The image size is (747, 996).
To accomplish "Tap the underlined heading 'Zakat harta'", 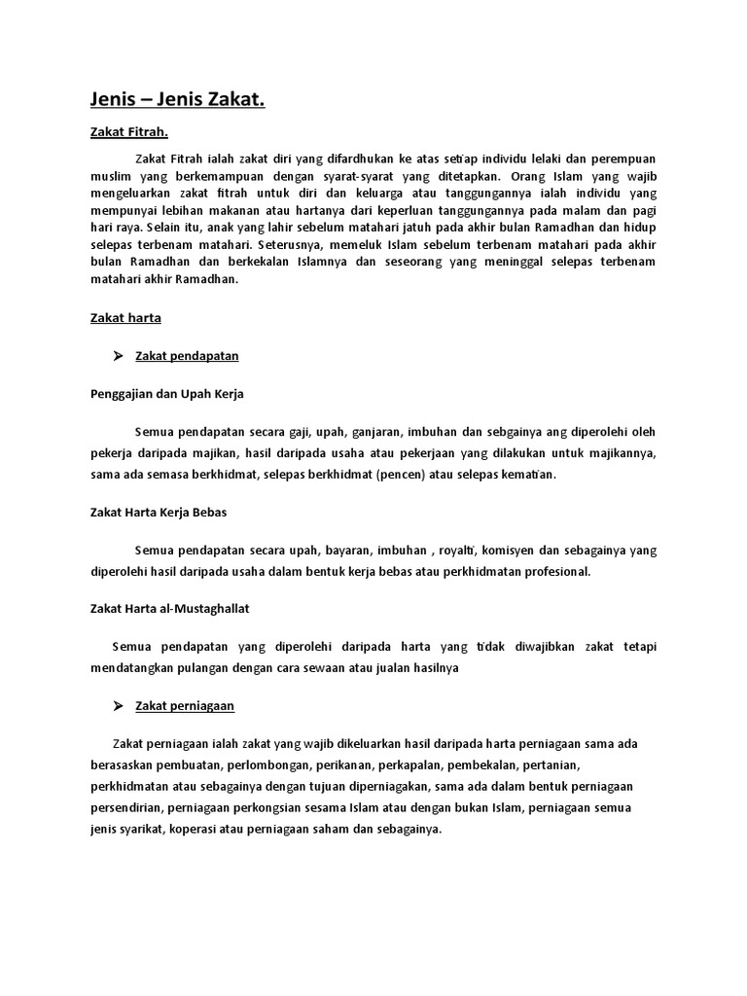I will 125,317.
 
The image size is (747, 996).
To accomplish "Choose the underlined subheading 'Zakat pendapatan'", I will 187,356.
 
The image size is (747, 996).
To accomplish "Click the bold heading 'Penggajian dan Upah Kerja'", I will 166,393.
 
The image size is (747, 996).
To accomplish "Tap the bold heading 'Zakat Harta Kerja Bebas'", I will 159,512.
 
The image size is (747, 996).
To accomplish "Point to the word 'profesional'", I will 556,572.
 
